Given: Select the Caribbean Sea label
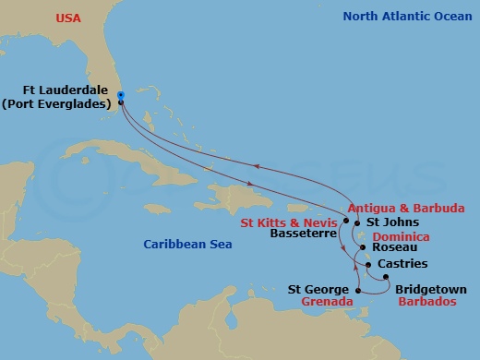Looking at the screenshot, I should (x=186, y=244).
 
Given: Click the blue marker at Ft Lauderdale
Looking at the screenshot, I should (x=121, y=95).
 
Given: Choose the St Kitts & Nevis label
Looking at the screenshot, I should (x=289, y=222).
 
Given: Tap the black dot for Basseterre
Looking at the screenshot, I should (x=346, y=222).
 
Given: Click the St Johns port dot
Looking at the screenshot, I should (x=359, y=222).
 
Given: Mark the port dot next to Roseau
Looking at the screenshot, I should (x=363, y=247).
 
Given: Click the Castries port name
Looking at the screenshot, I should (x=402, y=264).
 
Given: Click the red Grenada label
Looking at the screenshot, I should (x=330, y=302).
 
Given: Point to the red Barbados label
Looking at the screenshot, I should (x=426, y=302).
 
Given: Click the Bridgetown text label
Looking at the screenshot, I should (x=430, y=289).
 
